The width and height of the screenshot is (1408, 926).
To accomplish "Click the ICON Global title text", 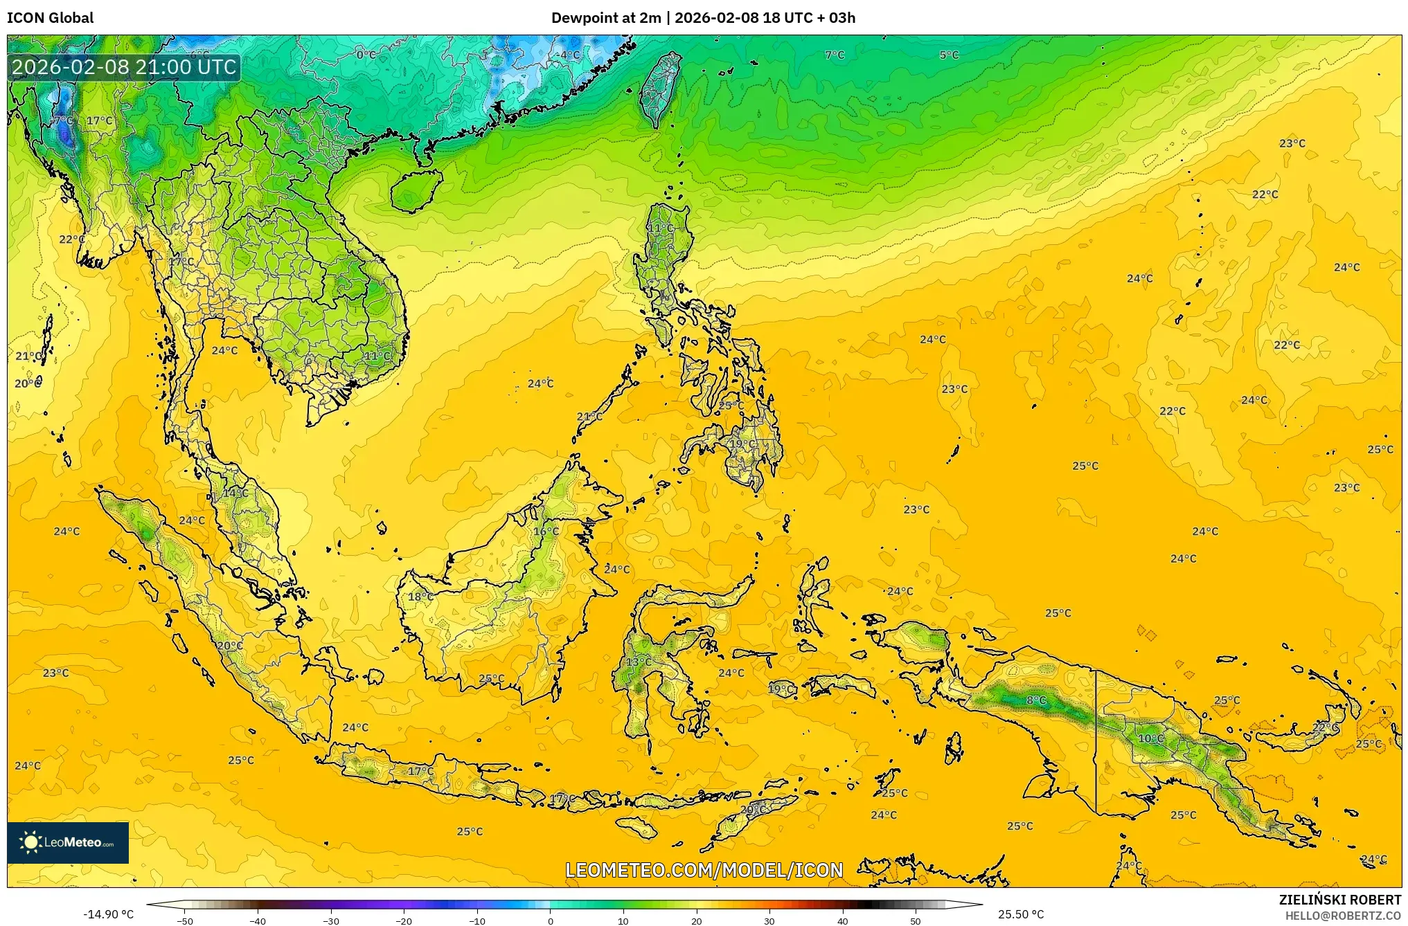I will [50, 18].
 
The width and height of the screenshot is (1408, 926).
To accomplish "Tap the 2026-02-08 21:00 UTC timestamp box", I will [124, 67].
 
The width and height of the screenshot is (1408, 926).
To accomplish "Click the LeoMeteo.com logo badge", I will [68, 842].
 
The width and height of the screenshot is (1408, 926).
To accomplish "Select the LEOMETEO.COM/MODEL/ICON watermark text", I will [704, 870].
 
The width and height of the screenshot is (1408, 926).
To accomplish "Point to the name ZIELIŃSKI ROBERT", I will [1339, 900].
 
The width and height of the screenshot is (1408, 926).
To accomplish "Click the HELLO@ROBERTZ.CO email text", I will [1343, 916].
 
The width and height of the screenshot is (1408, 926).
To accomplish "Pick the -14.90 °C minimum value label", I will [108, 914].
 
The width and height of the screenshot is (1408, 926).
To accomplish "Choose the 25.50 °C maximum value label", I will [1021, 914].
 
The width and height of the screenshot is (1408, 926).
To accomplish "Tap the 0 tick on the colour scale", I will [551, 920].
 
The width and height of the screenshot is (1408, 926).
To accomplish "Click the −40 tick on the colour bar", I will [258, 920].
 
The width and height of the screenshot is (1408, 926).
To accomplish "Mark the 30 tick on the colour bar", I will [769, 920].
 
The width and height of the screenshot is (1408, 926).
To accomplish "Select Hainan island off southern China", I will [416, 190].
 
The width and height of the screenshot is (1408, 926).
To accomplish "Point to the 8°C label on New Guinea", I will [1036, 700].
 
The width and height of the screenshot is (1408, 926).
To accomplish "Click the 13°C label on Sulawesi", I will [639, 662].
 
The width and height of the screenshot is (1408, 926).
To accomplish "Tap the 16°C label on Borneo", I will [546, 532].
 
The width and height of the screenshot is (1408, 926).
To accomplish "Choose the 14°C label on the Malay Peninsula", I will [235, 493].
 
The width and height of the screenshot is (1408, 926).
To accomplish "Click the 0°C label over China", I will [366, 55].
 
